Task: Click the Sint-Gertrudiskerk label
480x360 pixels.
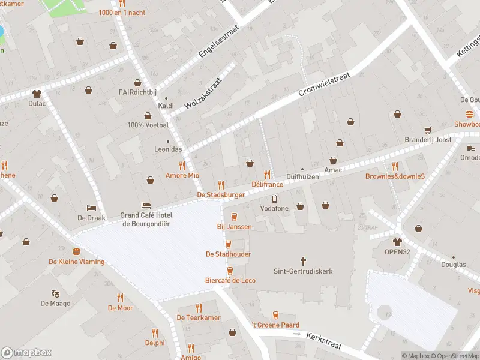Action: (303, 271)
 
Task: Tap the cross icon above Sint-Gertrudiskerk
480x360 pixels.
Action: (304, 261)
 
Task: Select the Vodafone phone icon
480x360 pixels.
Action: (274, 199)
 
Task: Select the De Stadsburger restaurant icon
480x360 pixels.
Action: (221, 185)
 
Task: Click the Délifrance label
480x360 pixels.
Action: (267, 184)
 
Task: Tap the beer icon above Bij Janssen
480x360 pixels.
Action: (234, 217)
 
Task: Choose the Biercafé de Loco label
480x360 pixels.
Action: (230, 280)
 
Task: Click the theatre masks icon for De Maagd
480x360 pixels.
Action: (55, 293)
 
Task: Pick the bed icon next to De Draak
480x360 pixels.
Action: (91, 207)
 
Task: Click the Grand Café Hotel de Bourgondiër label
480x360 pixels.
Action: (147, 220)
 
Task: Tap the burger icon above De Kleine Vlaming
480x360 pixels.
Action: (76, 251)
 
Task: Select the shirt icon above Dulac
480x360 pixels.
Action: (37, 93)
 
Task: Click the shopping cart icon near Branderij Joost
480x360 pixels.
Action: (428, 130)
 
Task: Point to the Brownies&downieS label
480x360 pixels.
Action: (395, 176)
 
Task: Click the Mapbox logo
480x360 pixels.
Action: (26, 353)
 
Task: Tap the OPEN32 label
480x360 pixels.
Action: (397, 252)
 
